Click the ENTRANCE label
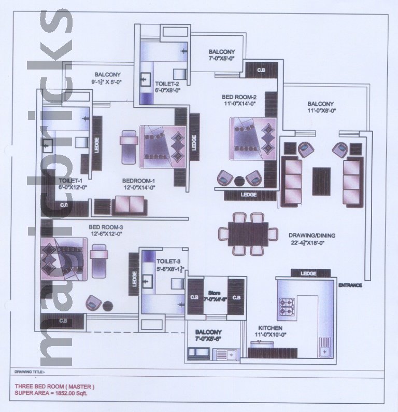(x=350, y=285)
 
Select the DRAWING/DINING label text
(x=311, y=235)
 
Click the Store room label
(x=215, y=293)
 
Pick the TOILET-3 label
(x=168, y=261)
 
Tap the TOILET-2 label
(x=167, y=83)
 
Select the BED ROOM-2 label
(x=239, y=97)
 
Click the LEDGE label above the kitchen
(x=309, y=273)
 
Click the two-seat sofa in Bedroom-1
(x=129, y=205)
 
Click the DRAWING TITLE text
(x=30, y=372)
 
